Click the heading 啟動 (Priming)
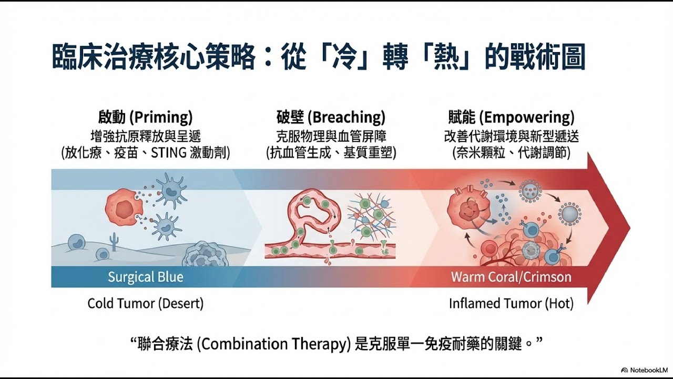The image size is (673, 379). click(145, 117)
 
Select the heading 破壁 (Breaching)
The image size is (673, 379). click(331, 117)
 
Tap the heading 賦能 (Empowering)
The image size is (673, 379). click(511, 117)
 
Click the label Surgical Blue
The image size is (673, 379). click(146, 277)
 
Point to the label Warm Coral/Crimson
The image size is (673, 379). click(511, 277)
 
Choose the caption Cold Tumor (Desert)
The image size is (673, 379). click(146, 304)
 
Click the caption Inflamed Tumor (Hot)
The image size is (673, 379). click(511, 304)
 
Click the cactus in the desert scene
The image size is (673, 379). click(114, 241)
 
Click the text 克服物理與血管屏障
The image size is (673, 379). click(331, 136)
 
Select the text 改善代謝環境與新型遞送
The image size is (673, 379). click(511, 136)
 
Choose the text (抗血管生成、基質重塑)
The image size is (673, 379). click(331, 153)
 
